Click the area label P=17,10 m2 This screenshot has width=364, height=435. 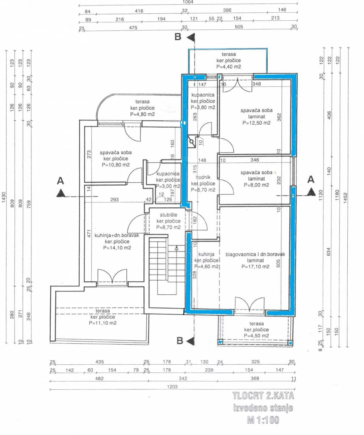point(255,266)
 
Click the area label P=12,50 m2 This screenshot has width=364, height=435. point(256,123)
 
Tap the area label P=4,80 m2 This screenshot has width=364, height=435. point(142,114)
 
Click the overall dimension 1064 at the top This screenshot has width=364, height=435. point(188,2)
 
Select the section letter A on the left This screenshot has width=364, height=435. point(60,180)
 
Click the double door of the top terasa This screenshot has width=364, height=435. point(237,84)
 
